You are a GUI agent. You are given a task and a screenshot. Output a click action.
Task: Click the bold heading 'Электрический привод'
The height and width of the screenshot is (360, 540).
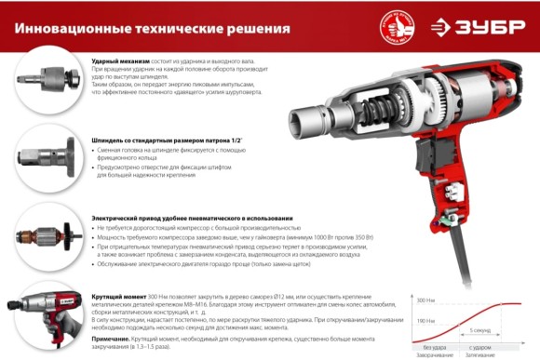(x=130, y=217)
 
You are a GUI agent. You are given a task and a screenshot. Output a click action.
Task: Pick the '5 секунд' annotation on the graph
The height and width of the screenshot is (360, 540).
(x=480, y=330)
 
